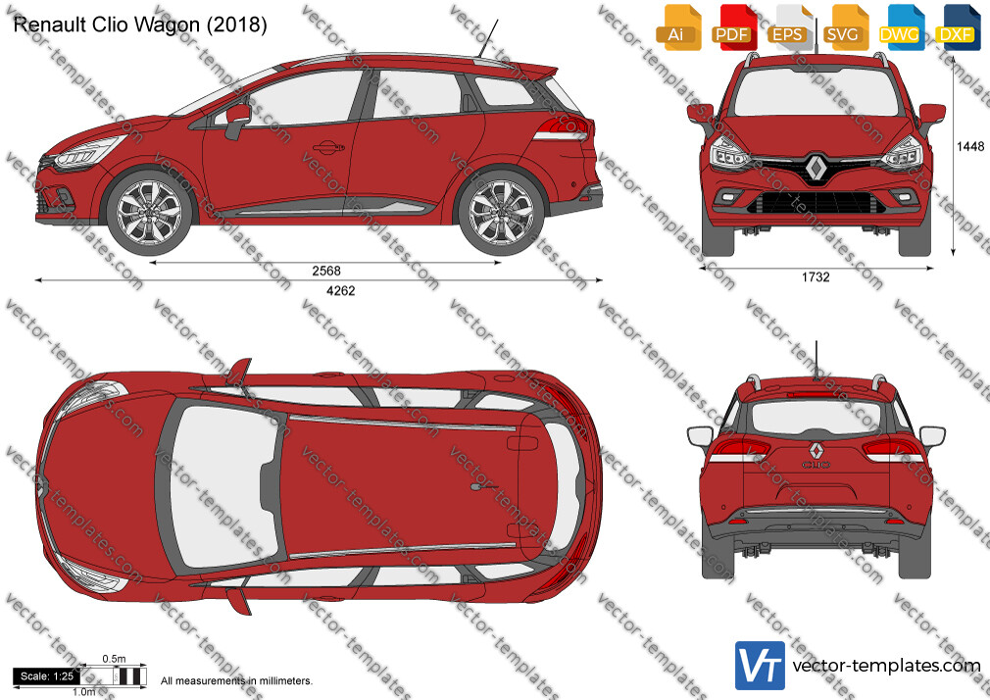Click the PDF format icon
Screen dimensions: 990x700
[732, 27]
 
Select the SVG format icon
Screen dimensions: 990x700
[844, 27]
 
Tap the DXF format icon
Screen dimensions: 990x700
[957, 27]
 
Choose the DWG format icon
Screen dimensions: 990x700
[901, 27]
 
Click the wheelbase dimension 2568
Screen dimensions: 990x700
[326, 271]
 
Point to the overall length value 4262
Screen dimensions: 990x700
[340, 290]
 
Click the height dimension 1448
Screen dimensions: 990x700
[970, 147]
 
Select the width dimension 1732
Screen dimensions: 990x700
[816, 276]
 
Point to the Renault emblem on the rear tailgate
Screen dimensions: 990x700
[816, 450]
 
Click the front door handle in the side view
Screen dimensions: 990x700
[329, 148]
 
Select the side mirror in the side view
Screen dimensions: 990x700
[237, 120]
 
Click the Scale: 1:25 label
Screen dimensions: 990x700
[47, 676]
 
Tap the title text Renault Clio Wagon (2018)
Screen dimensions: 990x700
[140, 25]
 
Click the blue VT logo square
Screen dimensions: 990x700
[761, 666]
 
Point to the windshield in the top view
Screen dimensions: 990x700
[224, 485]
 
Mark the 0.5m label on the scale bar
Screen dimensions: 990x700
[115, 659]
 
